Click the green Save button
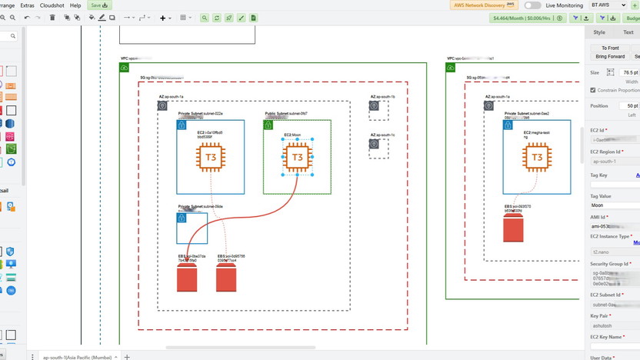(x=98, y=5)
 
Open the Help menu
(x=75, y=5)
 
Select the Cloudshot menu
(x=52, y=5)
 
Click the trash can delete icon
(x=52, y=18)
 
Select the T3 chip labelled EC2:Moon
(x=297, y=158)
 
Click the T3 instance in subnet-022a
(x=210, y=158)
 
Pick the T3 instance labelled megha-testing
(x=536, y=158)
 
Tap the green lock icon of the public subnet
(x=268, y=125)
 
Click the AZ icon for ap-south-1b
(x=374, y=105)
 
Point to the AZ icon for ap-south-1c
(x=374, y=143)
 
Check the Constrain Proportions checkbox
(x=592, y=90)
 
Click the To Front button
(x=610, y=48)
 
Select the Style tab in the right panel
(x=599, y=32)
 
